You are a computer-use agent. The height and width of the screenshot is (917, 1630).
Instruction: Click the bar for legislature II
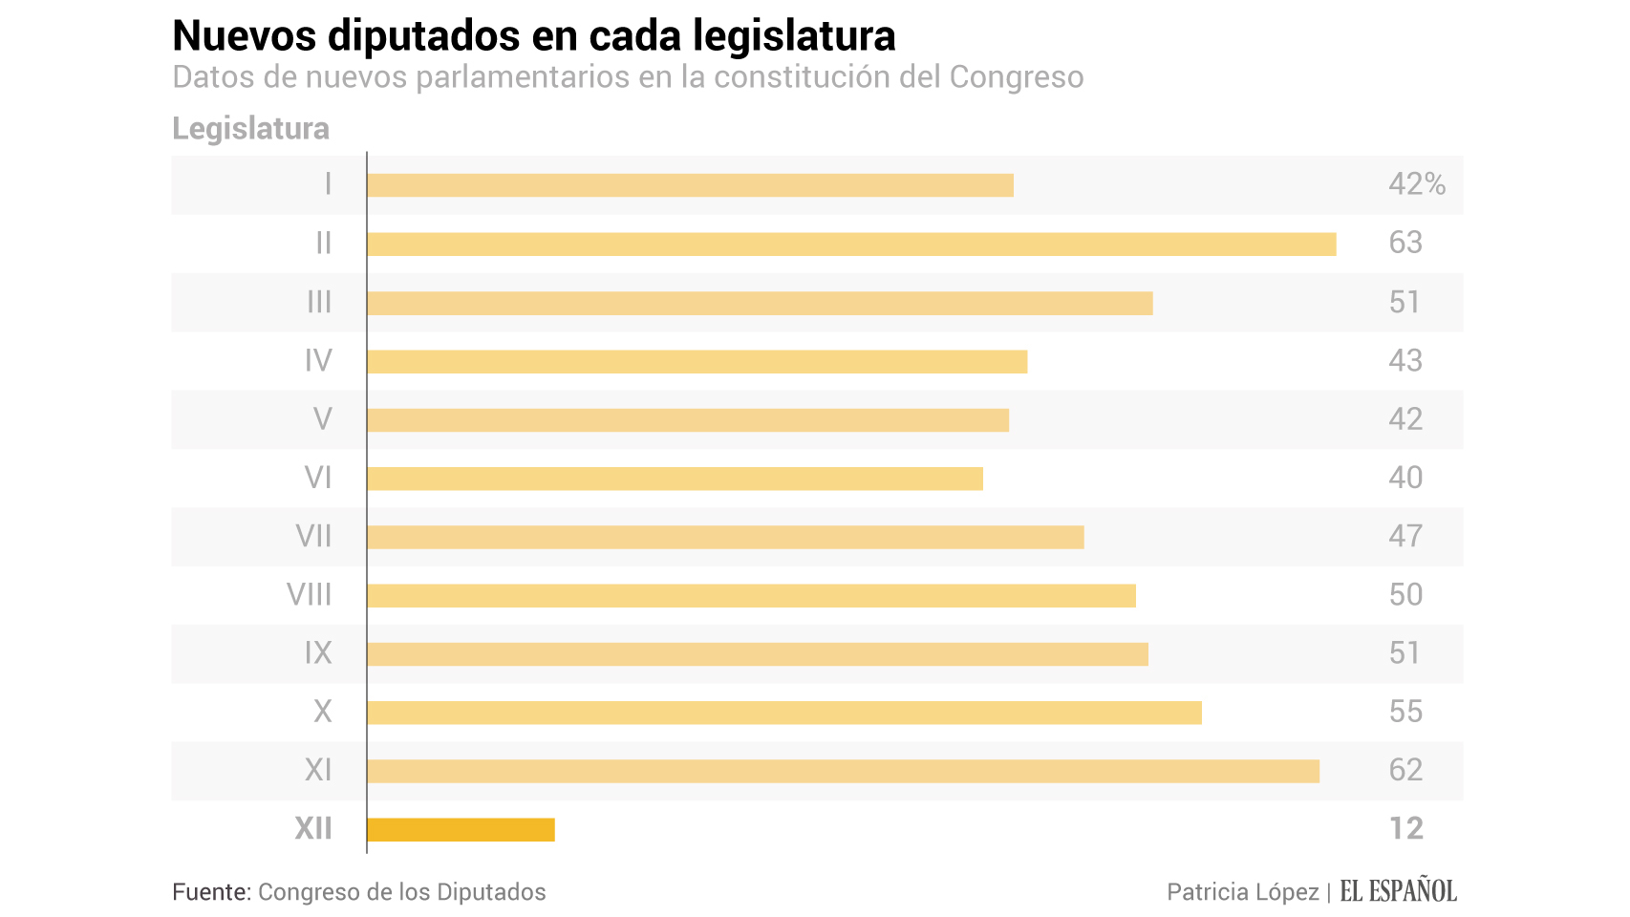850,245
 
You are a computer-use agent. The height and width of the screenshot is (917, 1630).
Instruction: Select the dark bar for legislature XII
461,830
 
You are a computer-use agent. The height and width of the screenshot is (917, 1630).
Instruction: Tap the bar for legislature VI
675,479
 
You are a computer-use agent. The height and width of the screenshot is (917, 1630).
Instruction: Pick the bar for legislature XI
843,772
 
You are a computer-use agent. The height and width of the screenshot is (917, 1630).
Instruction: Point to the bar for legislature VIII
751,596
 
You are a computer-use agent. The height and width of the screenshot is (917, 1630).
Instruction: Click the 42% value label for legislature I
1416,184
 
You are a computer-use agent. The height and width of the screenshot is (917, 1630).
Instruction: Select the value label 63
1405,244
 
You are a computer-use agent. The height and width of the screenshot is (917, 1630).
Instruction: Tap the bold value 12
1405,828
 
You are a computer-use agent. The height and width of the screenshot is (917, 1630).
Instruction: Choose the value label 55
1405,712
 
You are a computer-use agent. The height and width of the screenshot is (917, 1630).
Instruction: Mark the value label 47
1405,536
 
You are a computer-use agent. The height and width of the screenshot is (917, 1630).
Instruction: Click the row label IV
318,361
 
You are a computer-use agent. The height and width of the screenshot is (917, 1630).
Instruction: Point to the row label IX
318,653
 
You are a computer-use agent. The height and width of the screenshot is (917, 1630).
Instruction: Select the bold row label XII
313,828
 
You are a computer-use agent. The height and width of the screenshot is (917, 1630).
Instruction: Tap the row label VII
313,536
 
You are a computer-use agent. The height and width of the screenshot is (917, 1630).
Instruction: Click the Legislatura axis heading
250,129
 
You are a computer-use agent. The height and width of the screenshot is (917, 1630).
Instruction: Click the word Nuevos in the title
244,36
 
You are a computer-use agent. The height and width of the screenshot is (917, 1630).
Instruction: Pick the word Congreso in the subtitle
1016,77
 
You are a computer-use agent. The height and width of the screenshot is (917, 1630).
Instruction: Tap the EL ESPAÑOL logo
1398,891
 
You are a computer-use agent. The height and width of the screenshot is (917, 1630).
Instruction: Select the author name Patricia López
1242,892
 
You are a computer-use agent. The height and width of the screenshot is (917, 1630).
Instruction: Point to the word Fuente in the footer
211,892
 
